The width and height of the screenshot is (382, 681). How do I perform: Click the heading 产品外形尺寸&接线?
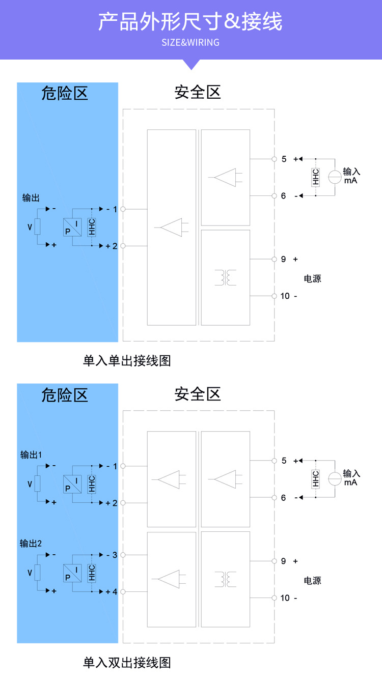click(x=190, y=21)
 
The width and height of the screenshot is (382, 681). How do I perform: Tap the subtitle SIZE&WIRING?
click(x=190, y=42)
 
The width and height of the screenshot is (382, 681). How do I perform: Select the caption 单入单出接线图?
click(x=127, y=360)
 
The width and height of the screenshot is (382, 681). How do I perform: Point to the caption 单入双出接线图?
click(x=127, y=663)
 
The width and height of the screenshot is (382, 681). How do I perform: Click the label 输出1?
click(x=31, y=455)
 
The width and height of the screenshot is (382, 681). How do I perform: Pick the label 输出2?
click(x=31, y=543)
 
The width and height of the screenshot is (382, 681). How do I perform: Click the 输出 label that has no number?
click(x=31, y=198)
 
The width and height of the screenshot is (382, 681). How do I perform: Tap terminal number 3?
click(x=115, y=555)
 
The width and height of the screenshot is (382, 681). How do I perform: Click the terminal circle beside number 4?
click(x=123, y=591)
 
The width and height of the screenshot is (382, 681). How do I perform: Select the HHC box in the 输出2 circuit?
click(x=92, y=573)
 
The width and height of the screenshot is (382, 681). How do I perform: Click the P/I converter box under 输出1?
click(x=72, y=484)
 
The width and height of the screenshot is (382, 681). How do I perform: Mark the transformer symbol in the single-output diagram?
click(x=225, y=277)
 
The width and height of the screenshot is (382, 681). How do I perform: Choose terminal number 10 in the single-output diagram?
click(x=285, y=296)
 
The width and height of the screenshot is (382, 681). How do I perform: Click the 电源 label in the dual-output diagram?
click(x=312, y=580)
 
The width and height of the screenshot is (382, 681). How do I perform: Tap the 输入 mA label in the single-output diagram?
click(x=351, y=176)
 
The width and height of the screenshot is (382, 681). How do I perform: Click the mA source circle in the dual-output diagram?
click(x=335, y=478)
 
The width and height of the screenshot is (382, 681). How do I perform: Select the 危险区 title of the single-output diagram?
click(x=65, y=93)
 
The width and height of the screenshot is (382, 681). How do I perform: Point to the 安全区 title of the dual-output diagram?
click(x=198, y=394)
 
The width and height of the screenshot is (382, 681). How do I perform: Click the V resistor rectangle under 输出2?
click(x=37, y=573)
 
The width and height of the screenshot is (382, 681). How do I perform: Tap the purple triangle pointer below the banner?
click(x=192, y=64)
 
